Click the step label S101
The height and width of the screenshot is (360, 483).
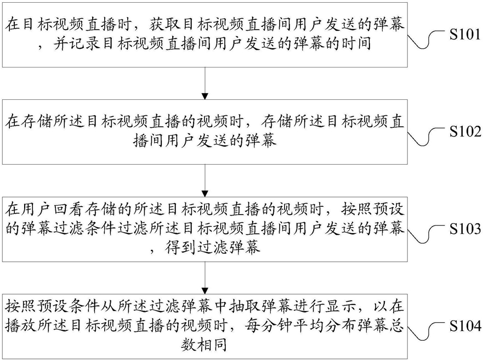pyautogui.click(x=465, y=34)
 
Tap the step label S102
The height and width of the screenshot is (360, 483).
pyautogui.click(x=465, y=131)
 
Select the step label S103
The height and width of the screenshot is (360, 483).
pyautogui.click(x=465, y=229)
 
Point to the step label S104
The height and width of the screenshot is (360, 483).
pyautogui.click(x=465, y=326)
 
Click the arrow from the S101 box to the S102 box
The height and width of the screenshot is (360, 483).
pyautogui.click(x=205, y=83)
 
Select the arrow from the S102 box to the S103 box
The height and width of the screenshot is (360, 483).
pyautogui.click(x=205, y=181)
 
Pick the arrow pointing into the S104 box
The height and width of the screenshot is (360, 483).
pyautogui.click(x=205, y=278)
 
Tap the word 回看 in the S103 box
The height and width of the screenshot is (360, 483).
pyautogui.click(x=69, y=210)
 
